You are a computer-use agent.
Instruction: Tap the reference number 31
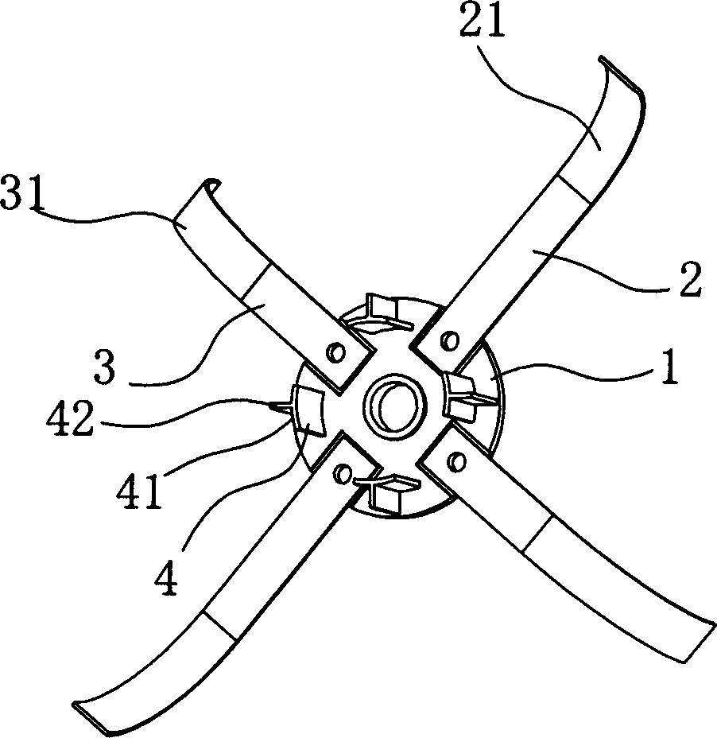click(21, 192)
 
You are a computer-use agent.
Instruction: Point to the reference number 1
click(670, 367)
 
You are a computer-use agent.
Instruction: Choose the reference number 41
click(140, 491)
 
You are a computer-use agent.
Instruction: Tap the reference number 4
click(166, 577)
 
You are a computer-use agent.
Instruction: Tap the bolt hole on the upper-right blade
click(450, 340)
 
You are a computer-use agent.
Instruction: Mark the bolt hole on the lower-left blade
click(342, 473)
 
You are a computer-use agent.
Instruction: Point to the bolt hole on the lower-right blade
click(455, 461)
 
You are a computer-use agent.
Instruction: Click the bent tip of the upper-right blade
click(621, 76)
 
